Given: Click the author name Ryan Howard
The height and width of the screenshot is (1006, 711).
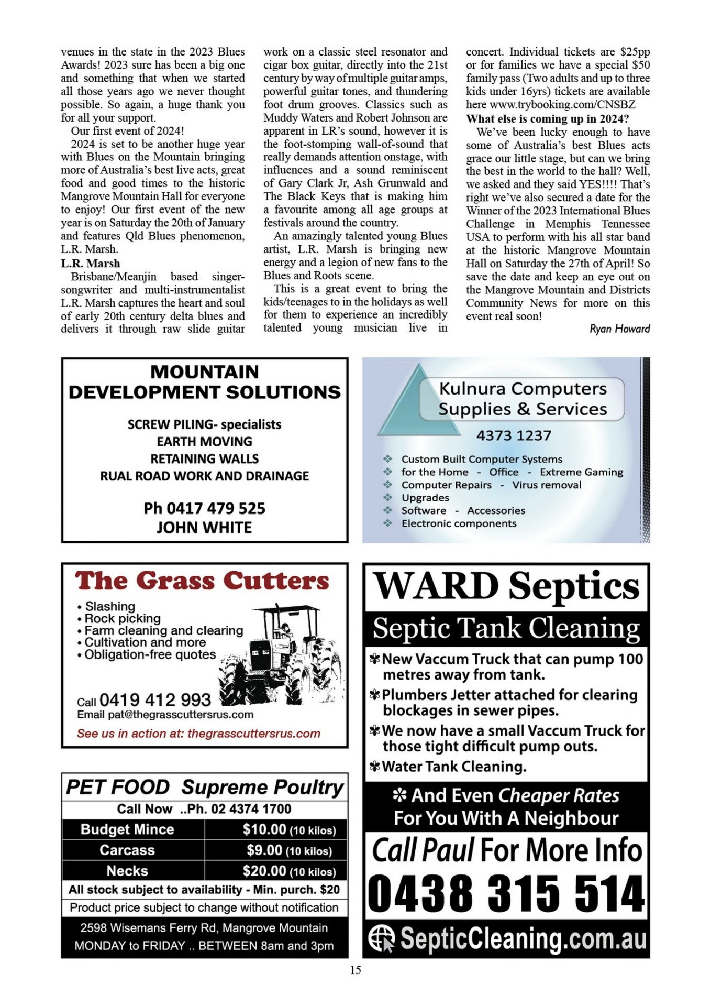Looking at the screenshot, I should pyautogui.click(x=619, y=329).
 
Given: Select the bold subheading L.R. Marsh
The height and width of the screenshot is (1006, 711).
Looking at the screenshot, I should pyautogui.click(x=90, y=264).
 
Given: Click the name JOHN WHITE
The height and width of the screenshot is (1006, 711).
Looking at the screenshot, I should pyautogui.click(x=204, y=528).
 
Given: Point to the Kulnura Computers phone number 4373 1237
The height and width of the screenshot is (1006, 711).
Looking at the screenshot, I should pyautogui.click(x=514, y=435).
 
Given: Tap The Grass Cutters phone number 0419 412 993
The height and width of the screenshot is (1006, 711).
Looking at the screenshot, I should pyautogui.click(x=155, y=700).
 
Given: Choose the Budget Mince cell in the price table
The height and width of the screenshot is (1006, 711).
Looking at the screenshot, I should pyautogui.click(x=127, y=829).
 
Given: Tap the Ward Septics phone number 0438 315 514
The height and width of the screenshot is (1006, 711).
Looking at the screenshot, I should pyautogui.click(x=506, y=894).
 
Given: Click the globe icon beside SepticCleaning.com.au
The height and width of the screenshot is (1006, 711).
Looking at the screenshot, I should pyautogui.click(x=381, y=938).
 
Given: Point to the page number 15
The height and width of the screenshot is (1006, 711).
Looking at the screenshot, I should pyautogui.click(x=355, y=970).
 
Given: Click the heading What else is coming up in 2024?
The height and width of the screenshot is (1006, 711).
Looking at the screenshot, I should pyautogui.click(x=547, y=119).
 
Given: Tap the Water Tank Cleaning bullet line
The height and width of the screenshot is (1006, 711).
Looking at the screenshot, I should pyautogui.click(x=453, y=767).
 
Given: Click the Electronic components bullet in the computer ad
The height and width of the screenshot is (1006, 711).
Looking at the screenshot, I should pyautogui.click(x=459, y=523).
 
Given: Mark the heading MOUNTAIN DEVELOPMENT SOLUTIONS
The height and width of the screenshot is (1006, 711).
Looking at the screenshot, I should pyautogui.click(x=204, y=382).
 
